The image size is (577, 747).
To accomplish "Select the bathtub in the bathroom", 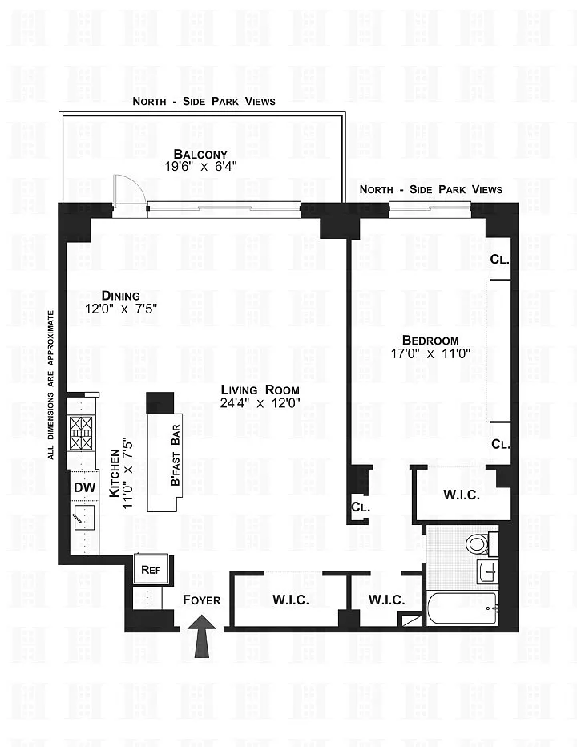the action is click(x=462, y=608).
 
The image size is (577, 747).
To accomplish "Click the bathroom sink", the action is click(x=487, y=571).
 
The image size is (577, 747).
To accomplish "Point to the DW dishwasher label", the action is click(x=84, y=487).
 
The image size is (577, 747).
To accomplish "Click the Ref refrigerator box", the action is click(x=151, y=570).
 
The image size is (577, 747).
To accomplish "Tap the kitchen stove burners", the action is click(x=80, y=433).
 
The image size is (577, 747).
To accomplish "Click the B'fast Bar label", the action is click(x=176, y=455).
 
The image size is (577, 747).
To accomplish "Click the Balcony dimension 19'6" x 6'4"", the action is click(x=200, y=166).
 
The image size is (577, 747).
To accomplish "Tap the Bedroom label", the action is click(x=430, y=340).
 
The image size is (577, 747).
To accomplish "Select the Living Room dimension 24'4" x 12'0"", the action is click(x=260, y=403).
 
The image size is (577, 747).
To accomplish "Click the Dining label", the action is click(x=120, y=296).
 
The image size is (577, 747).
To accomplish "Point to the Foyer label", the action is click(x=201, y=600).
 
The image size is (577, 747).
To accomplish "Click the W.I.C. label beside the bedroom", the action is click(x=462, y=495).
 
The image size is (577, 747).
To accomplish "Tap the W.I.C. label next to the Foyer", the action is click(x=291, y=600).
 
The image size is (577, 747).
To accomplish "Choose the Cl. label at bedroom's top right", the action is click(x=500, y=260).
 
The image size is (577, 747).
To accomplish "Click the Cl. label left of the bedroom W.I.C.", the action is click(x=360, y=507).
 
